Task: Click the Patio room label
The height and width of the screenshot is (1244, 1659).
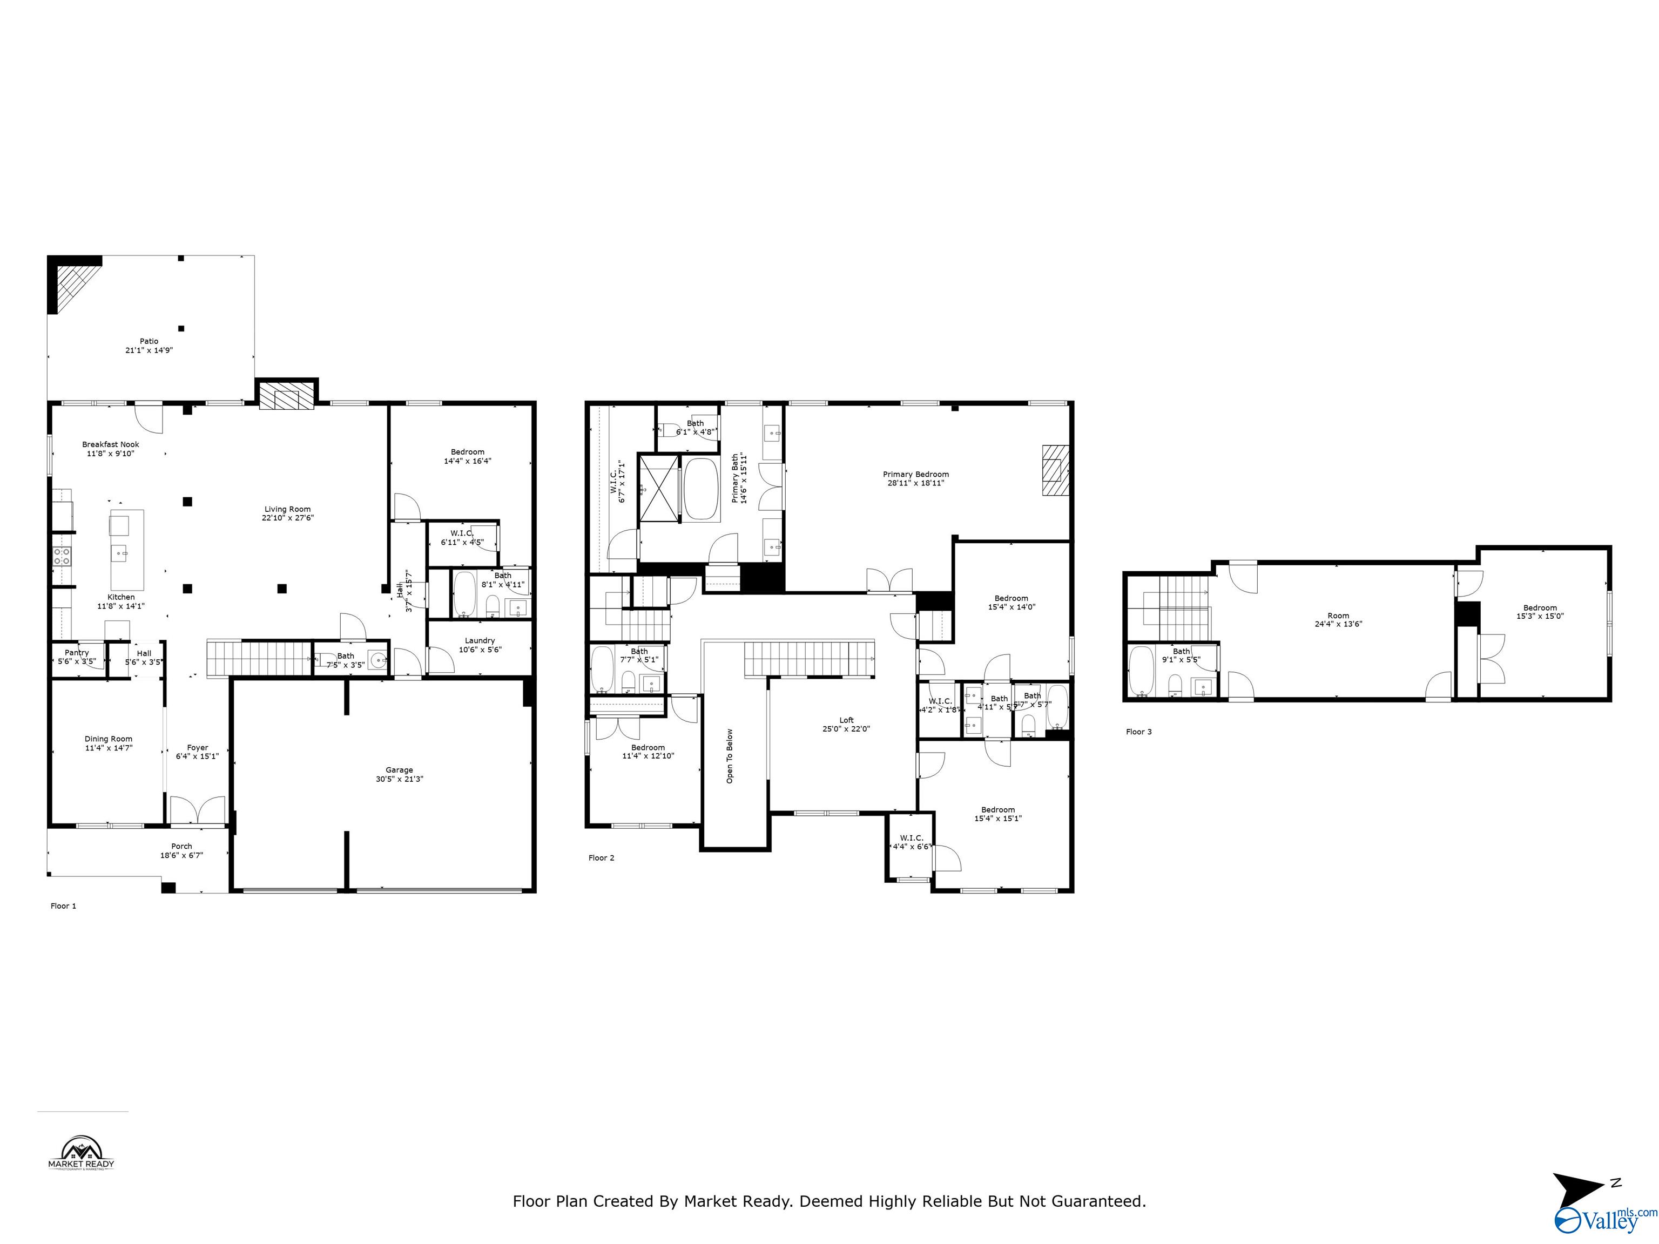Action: (x=149, y=341)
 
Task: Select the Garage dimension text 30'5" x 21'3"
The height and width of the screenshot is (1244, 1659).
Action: (x=399, y=779)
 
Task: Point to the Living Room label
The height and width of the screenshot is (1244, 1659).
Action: (x=287, y=509)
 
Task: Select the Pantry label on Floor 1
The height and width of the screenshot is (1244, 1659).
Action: (x=77, y=653)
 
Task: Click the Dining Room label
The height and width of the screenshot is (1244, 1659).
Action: (x=108, y=739)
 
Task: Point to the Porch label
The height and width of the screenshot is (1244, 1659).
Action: (x=181, y=847)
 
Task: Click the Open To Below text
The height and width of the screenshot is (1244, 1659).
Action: (x=730, y=756)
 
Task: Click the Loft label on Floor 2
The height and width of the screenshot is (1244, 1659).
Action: (x=846, y=721)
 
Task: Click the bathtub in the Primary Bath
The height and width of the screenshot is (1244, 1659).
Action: (x=702, y=489)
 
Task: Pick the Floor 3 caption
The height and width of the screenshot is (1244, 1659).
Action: (x=1138, y=732)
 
